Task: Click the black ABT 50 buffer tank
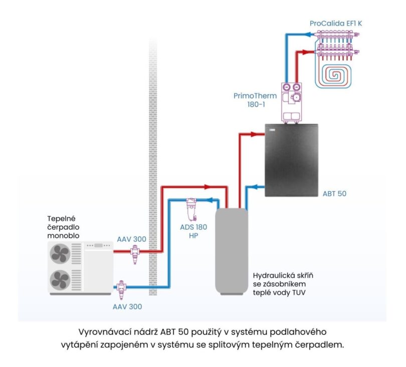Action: coord(292,158)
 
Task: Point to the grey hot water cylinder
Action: coord(232,250)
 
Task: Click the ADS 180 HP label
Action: coord(193,231)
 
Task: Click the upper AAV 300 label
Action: coord(131,239)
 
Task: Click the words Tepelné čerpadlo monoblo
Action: coord(64,227)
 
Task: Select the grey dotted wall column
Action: coord(153,165)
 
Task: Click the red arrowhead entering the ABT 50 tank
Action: coord(260,134)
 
